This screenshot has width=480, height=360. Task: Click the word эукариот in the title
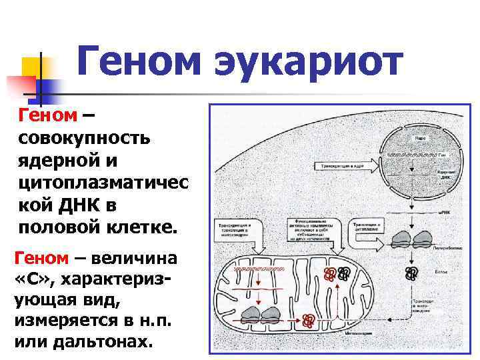point(309,62)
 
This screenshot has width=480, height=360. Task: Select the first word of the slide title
point(138,62)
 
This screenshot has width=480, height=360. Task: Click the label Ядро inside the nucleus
point(420,138)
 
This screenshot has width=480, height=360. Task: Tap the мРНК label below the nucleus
point(444,213)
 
